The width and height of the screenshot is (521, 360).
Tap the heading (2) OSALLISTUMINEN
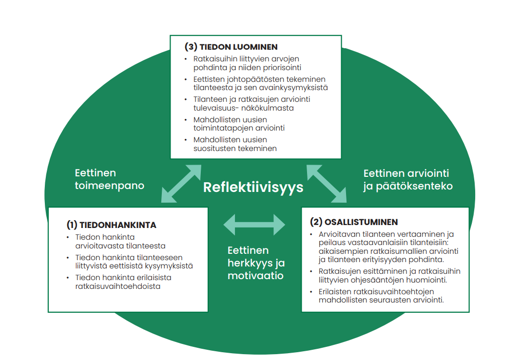tap(354, 222)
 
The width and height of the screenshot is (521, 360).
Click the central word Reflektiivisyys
tap(253, 187)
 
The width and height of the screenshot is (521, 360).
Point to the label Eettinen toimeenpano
tap(110, 179)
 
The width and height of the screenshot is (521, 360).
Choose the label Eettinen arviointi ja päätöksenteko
tap(408, 179)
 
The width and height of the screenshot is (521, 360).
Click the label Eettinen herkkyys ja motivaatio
tap(256, 263)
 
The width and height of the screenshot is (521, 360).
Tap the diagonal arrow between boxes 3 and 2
tap(326, 183)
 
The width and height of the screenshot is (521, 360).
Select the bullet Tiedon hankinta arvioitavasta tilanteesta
tap(120, 241)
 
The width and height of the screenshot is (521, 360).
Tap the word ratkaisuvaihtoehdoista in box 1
tap(117, 286)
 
